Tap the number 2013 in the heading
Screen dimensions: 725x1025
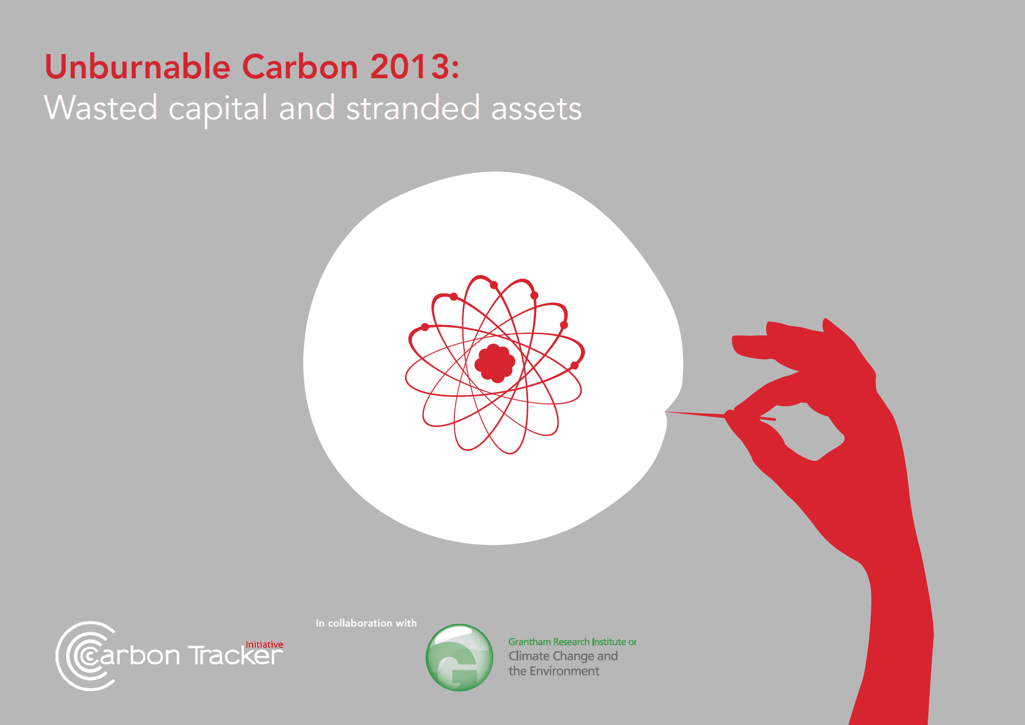click(410, 67)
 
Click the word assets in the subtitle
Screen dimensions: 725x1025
click(536, 109)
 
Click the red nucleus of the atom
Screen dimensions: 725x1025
click(495, 363)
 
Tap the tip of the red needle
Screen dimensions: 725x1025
click(667, 412)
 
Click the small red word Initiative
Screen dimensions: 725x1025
click(264, 644)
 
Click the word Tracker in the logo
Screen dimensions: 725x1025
click(236, 657)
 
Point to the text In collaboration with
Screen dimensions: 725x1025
click(366, 623)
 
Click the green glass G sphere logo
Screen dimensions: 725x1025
click(459, 658)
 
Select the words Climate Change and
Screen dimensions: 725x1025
click(563, 656)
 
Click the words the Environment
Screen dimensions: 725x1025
click(553, 671)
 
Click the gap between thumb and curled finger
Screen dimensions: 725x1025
click(811, 432)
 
